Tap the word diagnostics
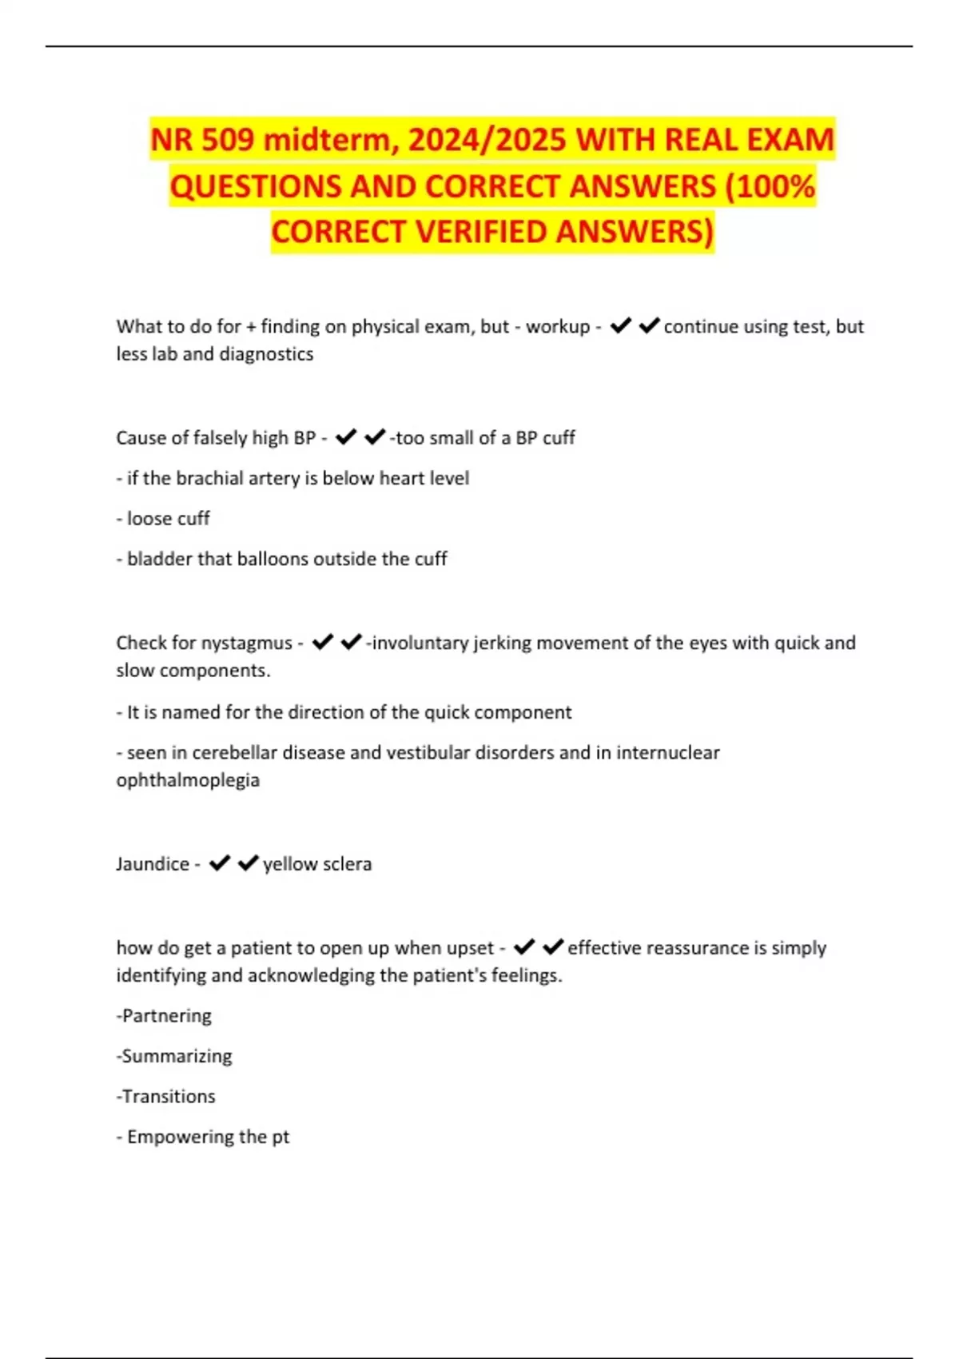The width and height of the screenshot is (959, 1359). tap(266, 353)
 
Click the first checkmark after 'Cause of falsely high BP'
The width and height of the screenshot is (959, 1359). tap(346, 437)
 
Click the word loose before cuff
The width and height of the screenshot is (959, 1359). tap(149, 518)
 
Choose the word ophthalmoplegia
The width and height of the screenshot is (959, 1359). tap(188, 779)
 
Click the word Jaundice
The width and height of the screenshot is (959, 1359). tap(153, 863)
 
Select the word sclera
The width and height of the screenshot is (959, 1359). tap(346, 863)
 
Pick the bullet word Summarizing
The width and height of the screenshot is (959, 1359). tap(177, 1056)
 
